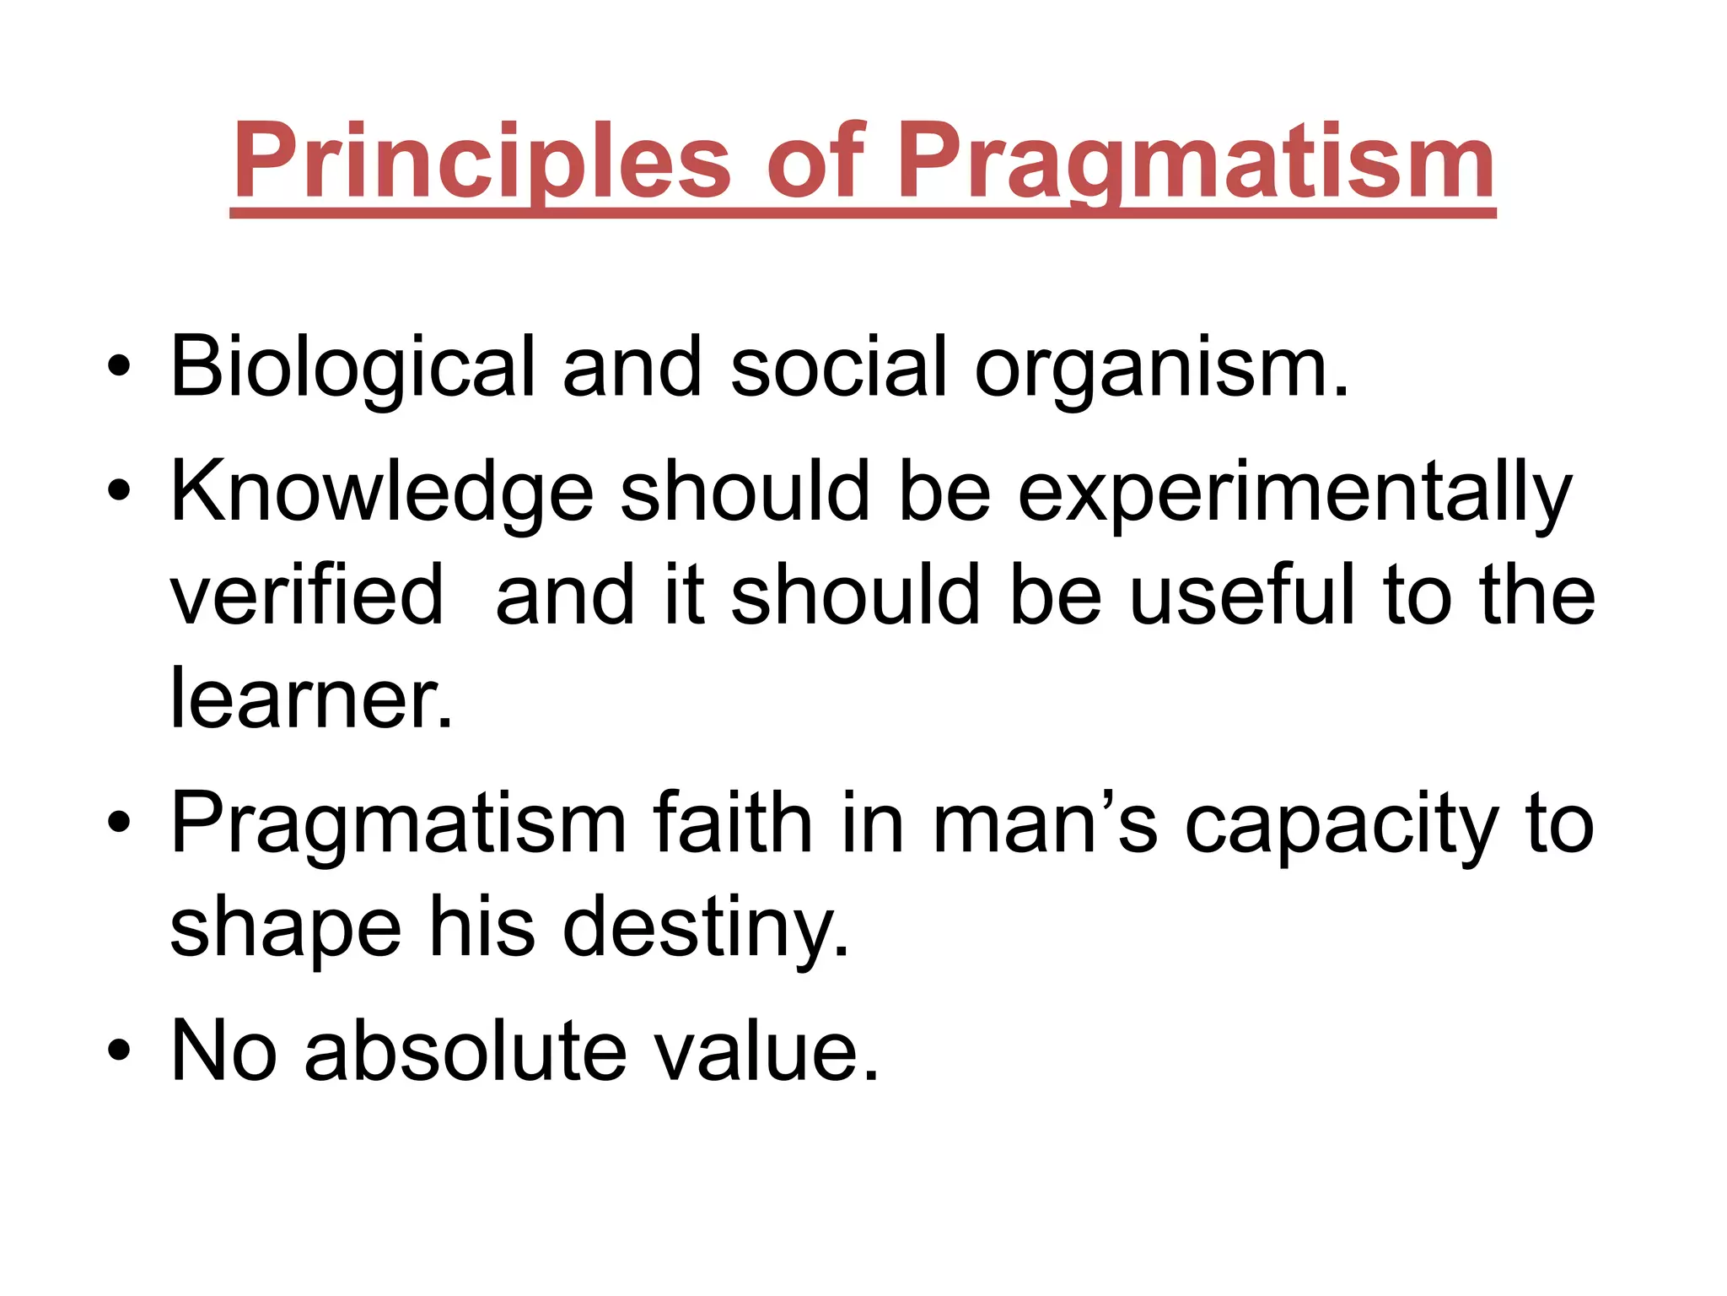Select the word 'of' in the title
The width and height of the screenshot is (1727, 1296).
(x=815, y=162)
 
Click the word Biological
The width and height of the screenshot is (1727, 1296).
(x=352, y=368)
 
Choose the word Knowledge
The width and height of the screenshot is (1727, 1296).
(x=381, y=492)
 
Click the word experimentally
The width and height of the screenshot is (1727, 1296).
(x=1294, y=492)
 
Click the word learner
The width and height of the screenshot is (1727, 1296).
(x=310, y=698)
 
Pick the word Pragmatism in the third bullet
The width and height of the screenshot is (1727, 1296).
(x=398, y=823)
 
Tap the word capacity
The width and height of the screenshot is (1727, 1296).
(x=1341, y=823)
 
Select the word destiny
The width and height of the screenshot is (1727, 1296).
(x=705, y=927)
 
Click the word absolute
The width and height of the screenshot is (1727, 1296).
(x=465, y=1050)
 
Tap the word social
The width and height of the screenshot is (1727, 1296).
(x=838, y=368)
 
